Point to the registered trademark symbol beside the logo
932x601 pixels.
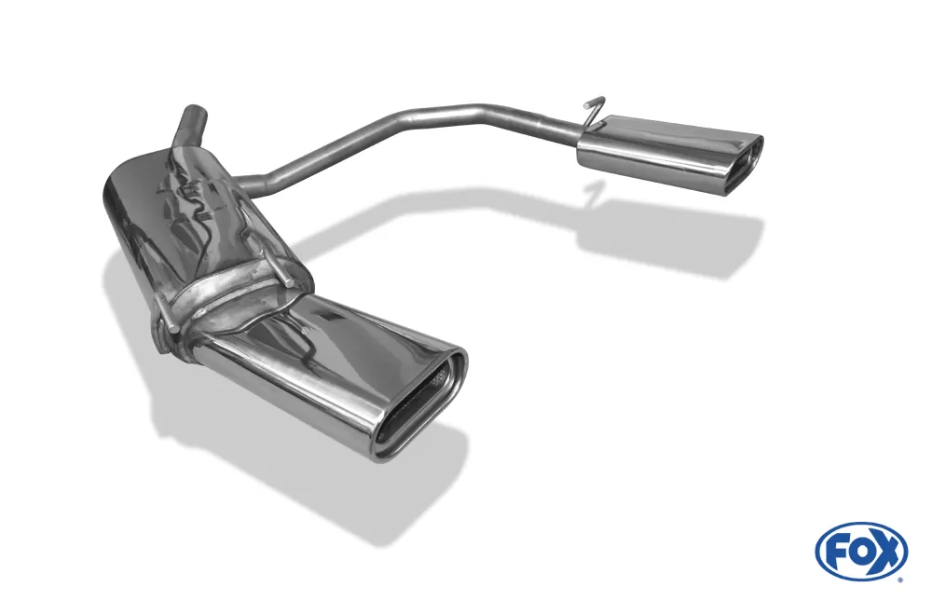899,579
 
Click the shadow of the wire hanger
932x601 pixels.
589,192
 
